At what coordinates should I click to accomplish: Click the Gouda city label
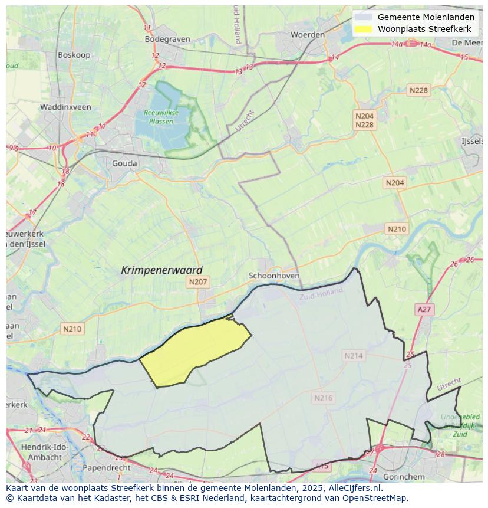[124, 163]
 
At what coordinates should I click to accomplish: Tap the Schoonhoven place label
[274, 276]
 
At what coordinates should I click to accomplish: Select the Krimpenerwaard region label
[161, 270]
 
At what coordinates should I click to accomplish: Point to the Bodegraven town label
[167, 40]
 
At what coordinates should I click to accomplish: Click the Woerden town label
[308, 35]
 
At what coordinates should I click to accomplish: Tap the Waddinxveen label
[65, 107]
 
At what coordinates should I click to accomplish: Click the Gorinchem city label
[404, 477]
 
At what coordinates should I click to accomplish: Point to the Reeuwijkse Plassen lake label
[158, 117]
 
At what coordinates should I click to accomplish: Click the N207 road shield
[198, 283]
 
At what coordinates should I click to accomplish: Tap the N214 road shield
[354, 356]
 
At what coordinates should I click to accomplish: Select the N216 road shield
[323, 398]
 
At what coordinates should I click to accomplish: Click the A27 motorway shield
[424, 309]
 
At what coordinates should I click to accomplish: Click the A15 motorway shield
[322, 466]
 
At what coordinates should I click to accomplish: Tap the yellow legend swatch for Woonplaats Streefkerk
[364, 29]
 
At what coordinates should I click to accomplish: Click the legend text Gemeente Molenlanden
[426, 17]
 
